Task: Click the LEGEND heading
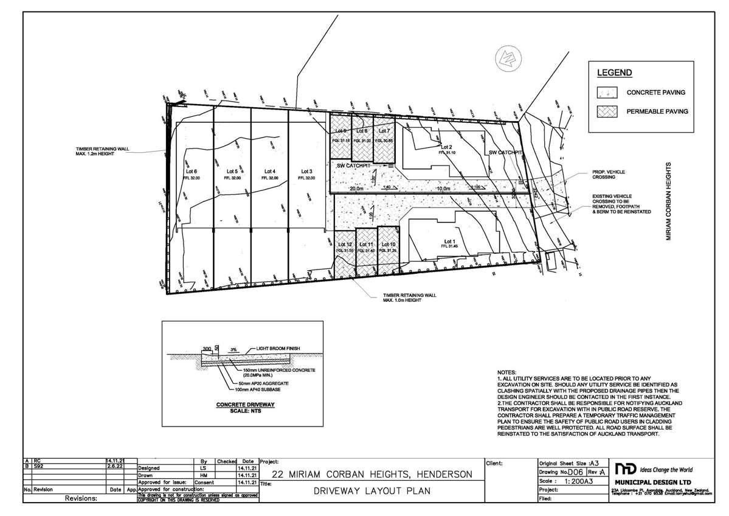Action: pyautogui.click(x=614, y=73)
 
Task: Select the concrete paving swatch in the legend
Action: pyautogui.click(x=607, y=92)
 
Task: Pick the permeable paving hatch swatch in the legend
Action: pyautogui.click(x=607, y=111)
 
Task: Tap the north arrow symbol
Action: pyautogui.click(x=505, y=57)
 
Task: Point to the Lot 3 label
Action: pyautogui.click(x=306, y=171)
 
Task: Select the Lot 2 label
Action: pyautogui.click(x=447, y=147)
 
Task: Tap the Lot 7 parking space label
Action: pyautogui.click(x=384, y=131)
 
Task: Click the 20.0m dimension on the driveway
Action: pyautogui.click(x=356, y=189)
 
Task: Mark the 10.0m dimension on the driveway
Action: pyautogui.click(x=444, y=189)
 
